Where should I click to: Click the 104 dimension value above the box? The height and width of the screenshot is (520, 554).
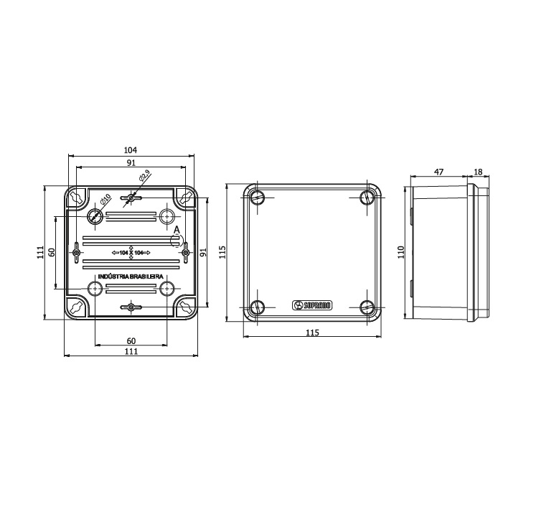click(130, 150)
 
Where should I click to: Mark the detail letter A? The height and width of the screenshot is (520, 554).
click(176, 229)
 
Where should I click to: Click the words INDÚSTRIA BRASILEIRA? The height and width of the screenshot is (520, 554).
click(130, 277)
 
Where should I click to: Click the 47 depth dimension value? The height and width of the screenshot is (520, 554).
click(439, 172)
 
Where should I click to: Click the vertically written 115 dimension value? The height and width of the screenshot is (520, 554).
click(222, 251)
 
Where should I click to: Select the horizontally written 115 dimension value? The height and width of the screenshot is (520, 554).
click(312, 333)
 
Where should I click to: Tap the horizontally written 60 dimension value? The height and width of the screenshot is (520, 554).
click(131, 340)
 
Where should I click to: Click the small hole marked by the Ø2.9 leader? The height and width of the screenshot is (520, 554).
click(131, 197)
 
